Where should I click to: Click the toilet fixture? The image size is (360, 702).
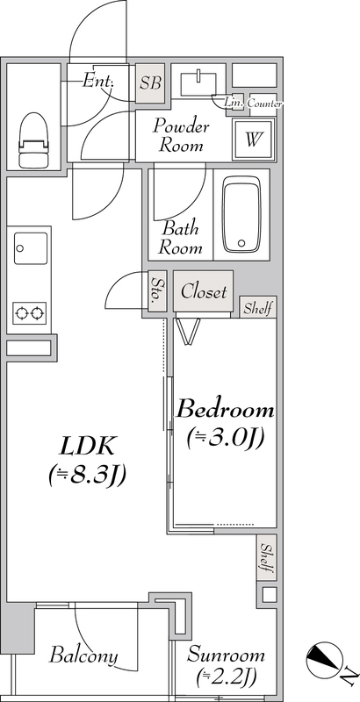click(x=32, y=140)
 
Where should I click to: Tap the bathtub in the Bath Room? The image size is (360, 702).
click(x=241, y=215)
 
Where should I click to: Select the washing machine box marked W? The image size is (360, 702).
click(x=253, y=140)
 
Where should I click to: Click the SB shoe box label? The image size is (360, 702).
click(x=150, y=83)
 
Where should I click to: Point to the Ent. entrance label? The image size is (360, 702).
click(x=98, y=81)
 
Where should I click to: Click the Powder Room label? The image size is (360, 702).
click(x=182, y=136)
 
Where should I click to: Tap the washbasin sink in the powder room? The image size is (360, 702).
click(x=198, y=83)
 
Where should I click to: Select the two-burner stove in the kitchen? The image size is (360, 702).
click(x=30, y=313)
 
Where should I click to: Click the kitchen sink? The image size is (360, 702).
click(x=31, y=248)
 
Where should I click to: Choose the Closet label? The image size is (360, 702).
click(x=204, y=292)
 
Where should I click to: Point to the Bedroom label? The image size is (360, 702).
click(x=225, y=410)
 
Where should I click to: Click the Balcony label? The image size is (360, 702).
click(x=83, y=655)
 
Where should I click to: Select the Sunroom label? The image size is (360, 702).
click(x=226, y=655)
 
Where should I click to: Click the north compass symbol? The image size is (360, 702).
click(x=325, y=660)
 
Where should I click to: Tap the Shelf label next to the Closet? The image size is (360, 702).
click(x=258, y=308)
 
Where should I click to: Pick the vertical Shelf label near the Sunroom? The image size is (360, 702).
click(x=267, y=557)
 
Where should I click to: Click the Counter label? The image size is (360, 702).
click(x=264, y=104)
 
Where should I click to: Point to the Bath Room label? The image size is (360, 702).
click(x=181, y=238)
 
